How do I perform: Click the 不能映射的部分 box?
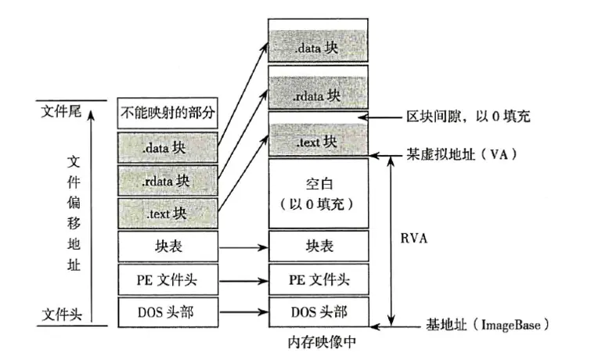tap(167, 114)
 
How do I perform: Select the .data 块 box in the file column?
tap(167, 146)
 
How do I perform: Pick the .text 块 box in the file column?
tap(167, 212)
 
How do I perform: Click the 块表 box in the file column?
tap(167, 246)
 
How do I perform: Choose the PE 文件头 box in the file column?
tap(167, 279)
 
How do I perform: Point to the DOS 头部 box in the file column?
tap(167, 311)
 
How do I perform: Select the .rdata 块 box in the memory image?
tap(318, 94)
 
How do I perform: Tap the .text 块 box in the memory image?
tap(318, 141)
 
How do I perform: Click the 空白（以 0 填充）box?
tap(318, 194)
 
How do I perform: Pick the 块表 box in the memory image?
tap(318, 246)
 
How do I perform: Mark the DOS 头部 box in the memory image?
tap(318, 311)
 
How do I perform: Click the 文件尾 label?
tap(60, 113)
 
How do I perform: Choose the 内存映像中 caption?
tap(318, 342)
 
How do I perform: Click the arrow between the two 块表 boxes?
tap(242, 246)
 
